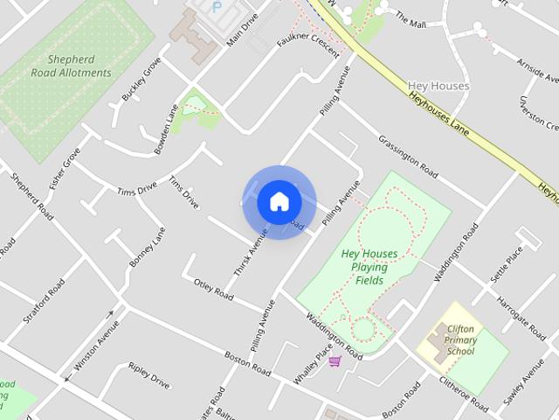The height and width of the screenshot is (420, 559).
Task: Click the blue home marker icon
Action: (x=279, y=201)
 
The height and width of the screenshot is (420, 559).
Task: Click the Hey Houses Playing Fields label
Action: (x=369, y=266)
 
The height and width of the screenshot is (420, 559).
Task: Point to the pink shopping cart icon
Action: (x=335, y=360)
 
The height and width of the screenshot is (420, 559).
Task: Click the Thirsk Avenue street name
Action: (x=250, y=260)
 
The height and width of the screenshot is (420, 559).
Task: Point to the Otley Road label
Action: (x=214, y=289)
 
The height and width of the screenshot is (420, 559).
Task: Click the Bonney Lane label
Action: (x=147, y=248)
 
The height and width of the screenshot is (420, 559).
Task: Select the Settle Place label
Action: (x=507, y=263)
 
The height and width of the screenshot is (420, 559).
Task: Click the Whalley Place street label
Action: (x=314, y=362)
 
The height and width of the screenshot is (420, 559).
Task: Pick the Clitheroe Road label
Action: (x=464, y=391)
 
